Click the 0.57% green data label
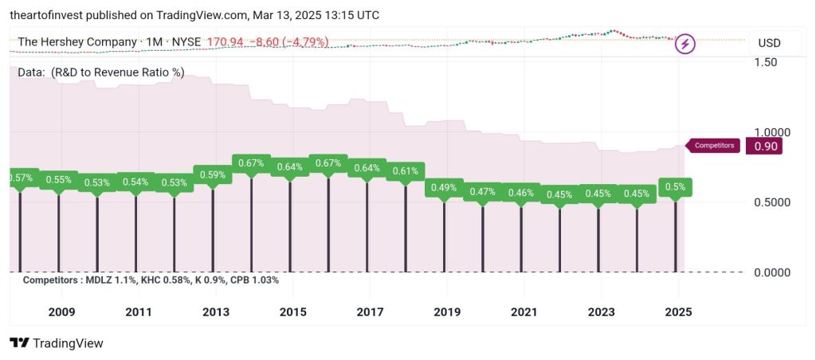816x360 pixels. point(20,178)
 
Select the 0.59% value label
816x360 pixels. point(213,174)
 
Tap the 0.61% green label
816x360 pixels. point(406,170)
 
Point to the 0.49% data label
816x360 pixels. point(444,188)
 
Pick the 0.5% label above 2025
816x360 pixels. point(676,187)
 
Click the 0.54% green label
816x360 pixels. point(135,182)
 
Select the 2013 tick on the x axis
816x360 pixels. point(215,312)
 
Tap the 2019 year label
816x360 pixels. point(447,312)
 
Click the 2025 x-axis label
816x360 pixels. point(678,312)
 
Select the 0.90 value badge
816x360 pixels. point(763,146)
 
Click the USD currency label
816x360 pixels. point(769,43)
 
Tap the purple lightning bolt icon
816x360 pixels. point(685,44)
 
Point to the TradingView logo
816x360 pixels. point(57,343)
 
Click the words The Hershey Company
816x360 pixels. point(76,41)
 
